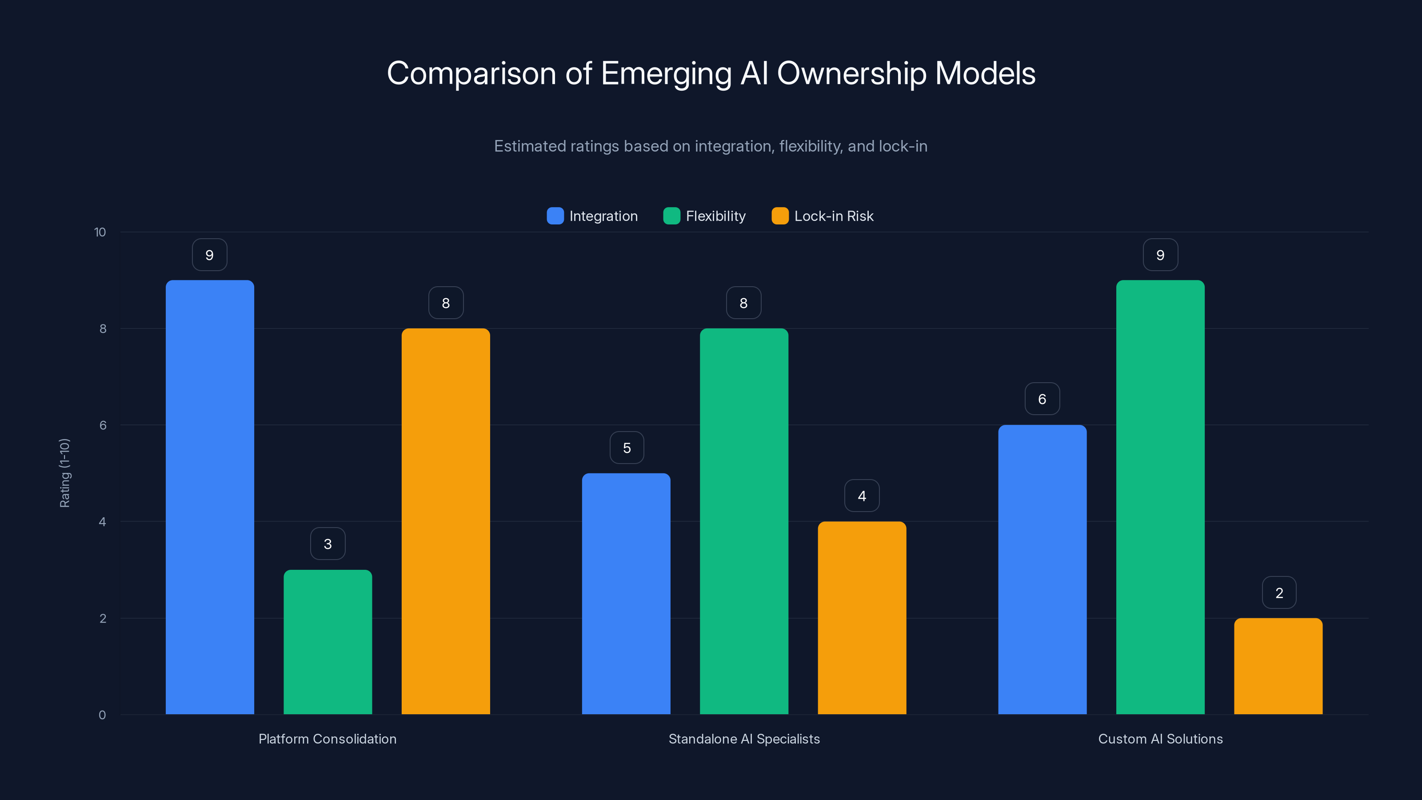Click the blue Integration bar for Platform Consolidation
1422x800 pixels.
coord(210,497)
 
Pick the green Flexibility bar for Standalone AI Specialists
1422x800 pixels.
coord(743,521)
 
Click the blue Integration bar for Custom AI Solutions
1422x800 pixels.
coord(1042,569)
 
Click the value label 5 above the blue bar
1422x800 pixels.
coord(627,448)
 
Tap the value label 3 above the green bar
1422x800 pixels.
coord(328,544)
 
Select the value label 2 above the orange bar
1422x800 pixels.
coord(1279,593)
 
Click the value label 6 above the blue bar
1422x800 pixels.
coord(1042,399)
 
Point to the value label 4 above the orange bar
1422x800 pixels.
coord(862,496)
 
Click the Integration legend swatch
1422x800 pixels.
coord(555,216)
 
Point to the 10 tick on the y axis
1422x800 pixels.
coord(100,232)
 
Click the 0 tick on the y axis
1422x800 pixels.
coord(102,715)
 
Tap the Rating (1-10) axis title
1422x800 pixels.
coord(64,473)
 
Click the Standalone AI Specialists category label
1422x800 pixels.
coord(743,739)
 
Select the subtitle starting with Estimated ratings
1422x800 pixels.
coord(711,146)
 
